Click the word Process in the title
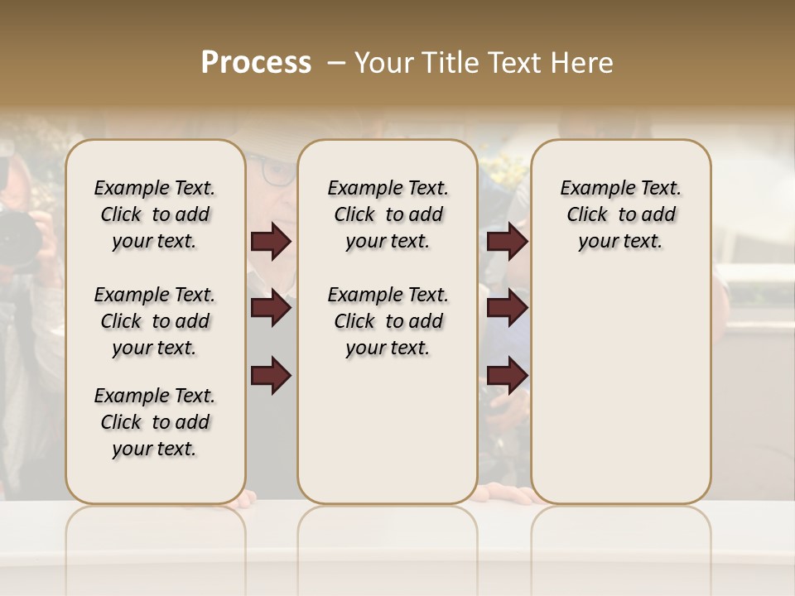[256, 63]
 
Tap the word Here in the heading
[583, 63]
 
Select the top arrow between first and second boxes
[271, 242]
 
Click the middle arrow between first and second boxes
[271, 308]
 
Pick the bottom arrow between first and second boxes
[271, 376]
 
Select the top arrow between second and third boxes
[507, 242]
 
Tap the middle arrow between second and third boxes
[507, 308]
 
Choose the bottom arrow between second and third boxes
[507, 376]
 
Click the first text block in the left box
[155, 214]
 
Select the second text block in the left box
[155, 321]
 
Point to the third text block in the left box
[155, 422]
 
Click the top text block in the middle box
[388, 214]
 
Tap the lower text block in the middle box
[388, 321]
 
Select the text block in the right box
[620, 214]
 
